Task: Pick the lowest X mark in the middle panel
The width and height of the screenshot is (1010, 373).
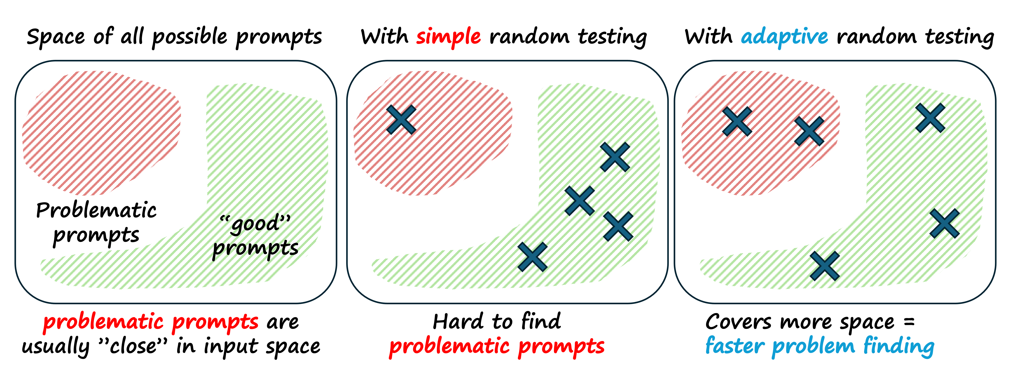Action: coord(532,257)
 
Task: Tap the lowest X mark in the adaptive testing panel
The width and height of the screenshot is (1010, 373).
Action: coord(825,266)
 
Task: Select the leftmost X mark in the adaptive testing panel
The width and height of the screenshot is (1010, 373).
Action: coord(737,122)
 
